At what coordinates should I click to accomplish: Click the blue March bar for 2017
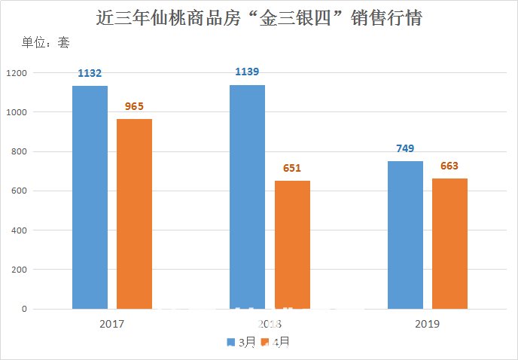pyautogui.click(x=90, y=197)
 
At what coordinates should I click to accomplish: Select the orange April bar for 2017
pyautogui.click(x=134, y=214)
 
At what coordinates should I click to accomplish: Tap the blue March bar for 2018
pyautogui.click(x=247, y=197)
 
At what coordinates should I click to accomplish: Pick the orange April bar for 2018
pyautogui.click(x=292, y=245)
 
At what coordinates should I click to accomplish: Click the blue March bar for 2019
pyautogui.click(x=405, y=235)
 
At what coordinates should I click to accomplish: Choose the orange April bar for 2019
pyautogui.click(x=449, y=243)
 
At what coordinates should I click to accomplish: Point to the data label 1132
pyautogui.click(x=90, y=73)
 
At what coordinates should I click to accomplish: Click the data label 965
pyautogui.click(x=134, y=106)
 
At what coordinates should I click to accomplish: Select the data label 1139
pyautogui.click(x=247, y=72)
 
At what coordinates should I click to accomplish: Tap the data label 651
pyautogui.click(x=292, y=168)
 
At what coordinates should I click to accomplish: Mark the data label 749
pyautogui.click(x=405, y=148)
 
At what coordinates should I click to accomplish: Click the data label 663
pyautogui.click(x=449, y=166)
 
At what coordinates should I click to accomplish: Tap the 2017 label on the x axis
pyautogui.click(x=111, y=324)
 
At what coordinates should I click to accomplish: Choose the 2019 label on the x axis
pyautogui.click(x=427, y=324)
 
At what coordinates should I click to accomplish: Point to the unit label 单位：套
pyautogui.click(x=46, y=43)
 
